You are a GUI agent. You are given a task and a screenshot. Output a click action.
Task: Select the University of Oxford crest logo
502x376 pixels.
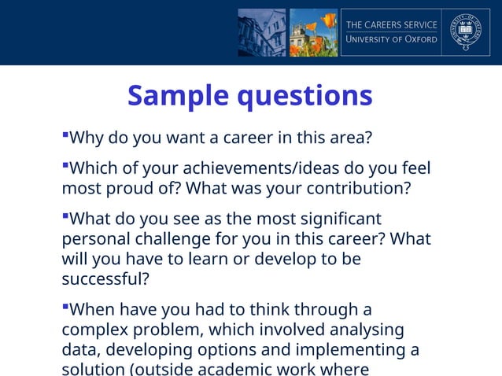click(465, 32)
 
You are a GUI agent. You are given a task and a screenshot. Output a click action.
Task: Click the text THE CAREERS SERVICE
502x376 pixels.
click(392, 24)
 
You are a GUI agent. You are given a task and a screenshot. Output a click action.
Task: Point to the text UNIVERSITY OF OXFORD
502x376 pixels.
click(392, 40)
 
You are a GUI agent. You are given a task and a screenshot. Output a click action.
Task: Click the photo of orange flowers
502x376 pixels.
click(313, 32)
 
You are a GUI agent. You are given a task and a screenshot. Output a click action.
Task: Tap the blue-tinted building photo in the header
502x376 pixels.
click(262, 32)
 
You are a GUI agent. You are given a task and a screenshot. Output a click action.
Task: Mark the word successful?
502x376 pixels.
click(105, 279)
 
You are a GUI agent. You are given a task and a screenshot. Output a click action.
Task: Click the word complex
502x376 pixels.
click(94, 330)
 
